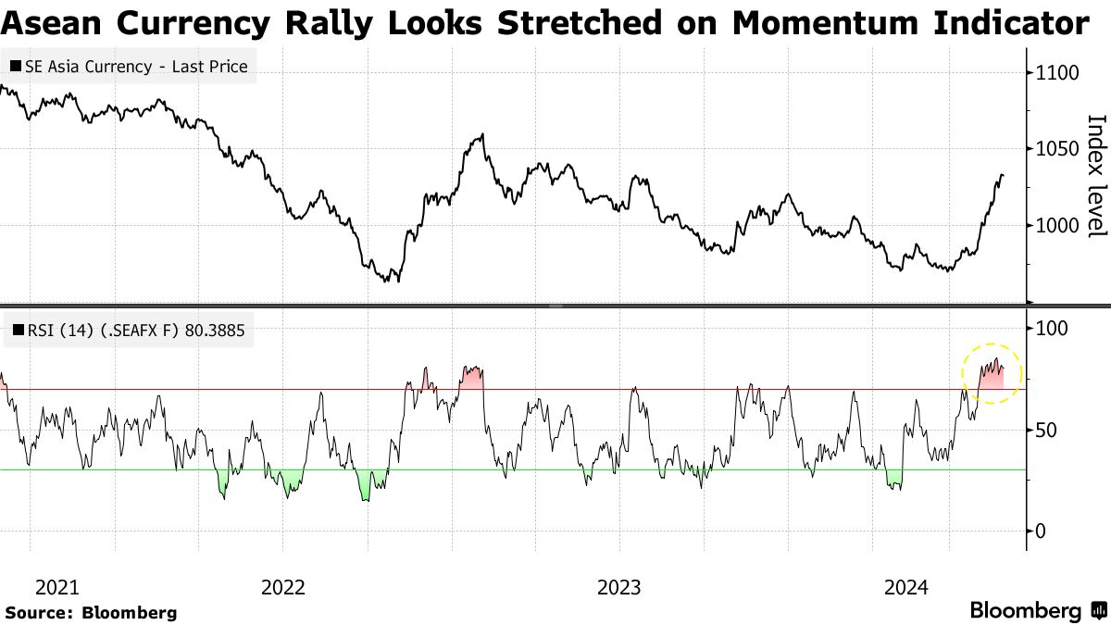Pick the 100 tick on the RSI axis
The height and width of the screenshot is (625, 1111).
coord(1052,329)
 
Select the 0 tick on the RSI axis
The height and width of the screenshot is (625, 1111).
coord(1041,531)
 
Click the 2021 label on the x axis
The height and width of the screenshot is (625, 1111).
coord(57,587)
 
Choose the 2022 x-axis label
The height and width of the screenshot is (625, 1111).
coord(283,587)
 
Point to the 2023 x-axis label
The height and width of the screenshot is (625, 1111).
coord(619,587)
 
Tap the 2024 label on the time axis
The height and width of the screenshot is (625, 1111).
coord(906,587)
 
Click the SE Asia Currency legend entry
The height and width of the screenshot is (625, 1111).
coord(136,67)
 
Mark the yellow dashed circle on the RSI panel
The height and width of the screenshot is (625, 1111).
coord(992,373)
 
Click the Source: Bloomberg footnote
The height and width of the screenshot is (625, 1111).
coord(91,612)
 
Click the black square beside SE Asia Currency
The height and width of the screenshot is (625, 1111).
coord(16,67)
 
